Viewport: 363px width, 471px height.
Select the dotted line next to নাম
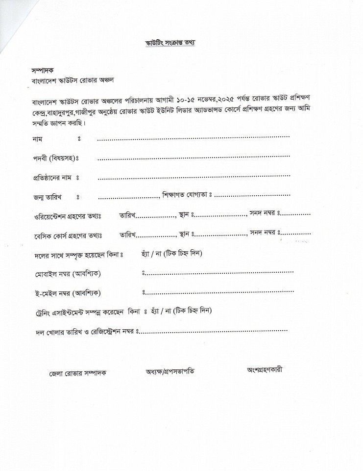click(x=193, y=138)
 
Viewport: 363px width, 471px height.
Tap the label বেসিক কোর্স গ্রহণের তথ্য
click(x=65, y=235)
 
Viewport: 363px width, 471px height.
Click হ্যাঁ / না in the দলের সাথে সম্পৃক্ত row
click(x=148, y=253)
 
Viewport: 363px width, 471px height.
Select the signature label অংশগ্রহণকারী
click(x=265, y=369)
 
